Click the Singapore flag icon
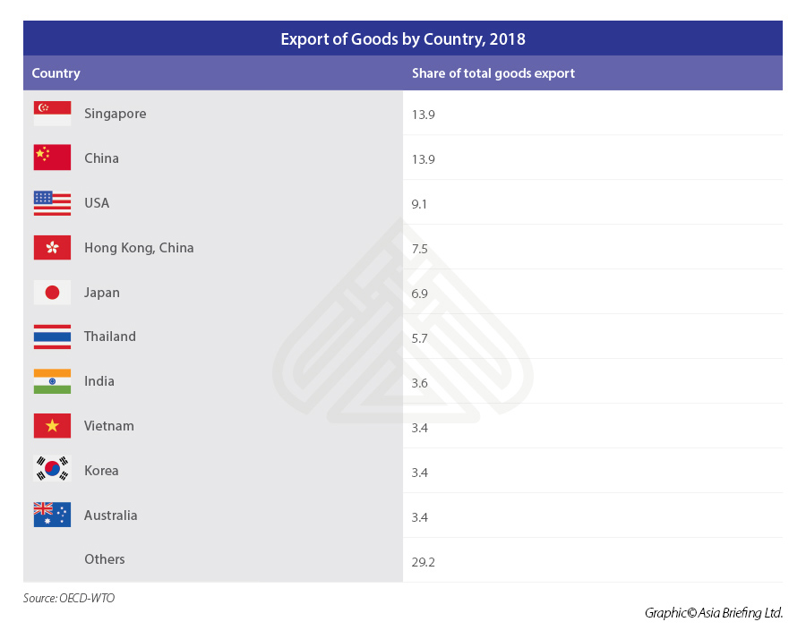point(52,114)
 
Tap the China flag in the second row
point(52,158)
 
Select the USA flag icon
point(52,203)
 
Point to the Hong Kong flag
point(52,247)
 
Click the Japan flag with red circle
point(52,292)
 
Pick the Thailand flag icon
point(52,337)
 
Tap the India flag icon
point(52,381)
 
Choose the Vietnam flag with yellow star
point(52,426)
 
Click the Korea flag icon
point(52,471)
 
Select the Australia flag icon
point(52,515)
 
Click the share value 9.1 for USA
point(419,204)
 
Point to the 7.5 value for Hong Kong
point(419,249)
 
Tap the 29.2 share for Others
point(423,562)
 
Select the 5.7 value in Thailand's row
point(419,338)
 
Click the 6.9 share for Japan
point(419,294)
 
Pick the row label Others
point(105,559)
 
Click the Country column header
point(56,73)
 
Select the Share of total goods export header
point(493,73)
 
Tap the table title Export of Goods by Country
point(403,39)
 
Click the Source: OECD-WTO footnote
point(69,598)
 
